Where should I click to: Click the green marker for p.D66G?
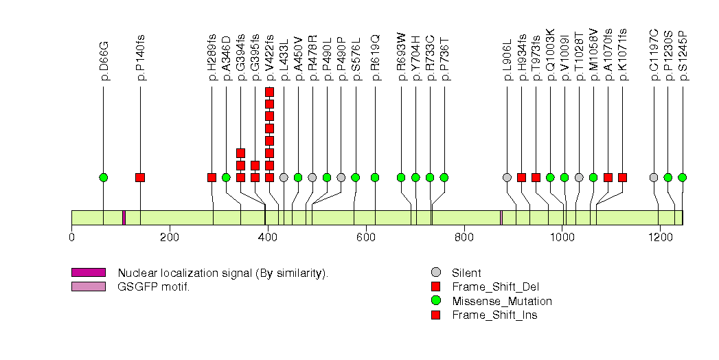(x=104, y=177)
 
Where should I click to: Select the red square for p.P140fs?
(x=140, y=177)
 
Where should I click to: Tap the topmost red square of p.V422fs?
(x=269, y=91)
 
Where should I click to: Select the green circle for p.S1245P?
(x=682, y=177)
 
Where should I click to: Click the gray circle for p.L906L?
(x=507, y=177)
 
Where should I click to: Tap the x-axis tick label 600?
(x=365, y=238)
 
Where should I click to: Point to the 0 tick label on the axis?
(x=71, y=238)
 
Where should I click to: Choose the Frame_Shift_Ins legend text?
(x=494, y=315)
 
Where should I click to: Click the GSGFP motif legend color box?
(x=88, y=286)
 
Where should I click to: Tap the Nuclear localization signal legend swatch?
(x=88, y=273)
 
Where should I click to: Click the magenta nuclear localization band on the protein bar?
(x=124, y=218)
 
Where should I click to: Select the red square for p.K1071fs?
(x=622, y=177)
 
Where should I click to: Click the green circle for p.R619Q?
(x=375, y=177)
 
